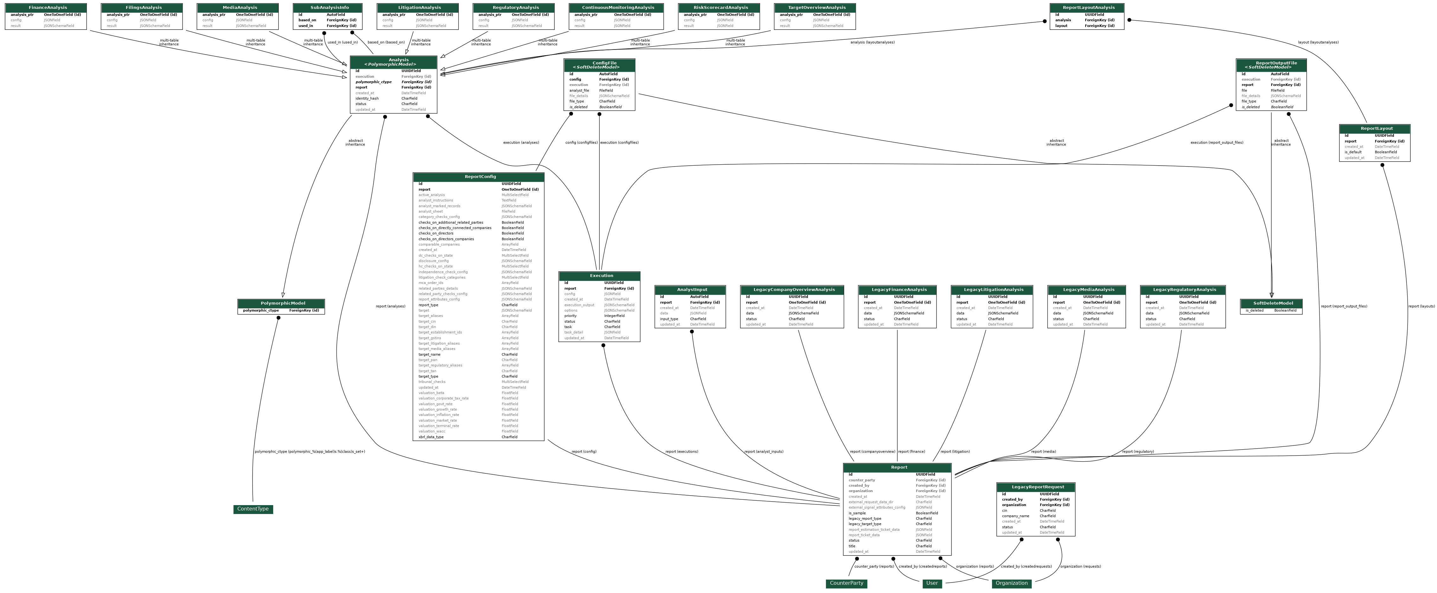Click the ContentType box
click(253, 509)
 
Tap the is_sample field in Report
click(857, 513)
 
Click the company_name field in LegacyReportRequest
click(1015, 516)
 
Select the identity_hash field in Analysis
click(367, 98)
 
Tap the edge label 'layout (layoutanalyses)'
click(1318, 43)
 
